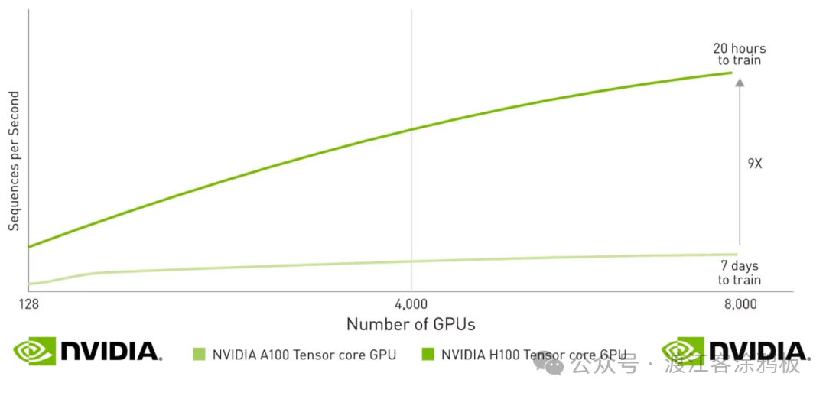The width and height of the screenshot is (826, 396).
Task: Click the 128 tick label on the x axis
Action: pos(28,305)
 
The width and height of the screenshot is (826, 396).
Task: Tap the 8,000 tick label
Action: pos(740,305)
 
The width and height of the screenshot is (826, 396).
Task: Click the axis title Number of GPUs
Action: pos(411,325)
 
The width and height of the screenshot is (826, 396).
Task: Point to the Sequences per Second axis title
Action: pos(14,161)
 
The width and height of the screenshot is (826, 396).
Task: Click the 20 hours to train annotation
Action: pos(740,54)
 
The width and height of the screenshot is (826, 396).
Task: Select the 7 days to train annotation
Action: pos(740,273)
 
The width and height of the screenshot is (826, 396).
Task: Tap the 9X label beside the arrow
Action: pos(754,164)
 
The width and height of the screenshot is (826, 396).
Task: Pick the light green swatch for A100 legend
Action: pos(200,354)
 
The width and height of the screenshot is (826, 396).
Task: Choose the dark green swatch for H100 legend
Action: pos(428,354)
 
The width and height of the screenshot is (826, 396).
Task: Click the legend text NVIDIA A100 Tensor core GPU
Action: pos(304,355)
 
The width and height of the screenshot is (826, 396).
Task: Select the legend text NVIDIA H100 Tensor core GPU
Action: pos(534,355)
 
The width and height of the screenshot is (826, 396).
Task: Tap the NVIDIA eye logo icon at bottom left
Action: pos(34,351)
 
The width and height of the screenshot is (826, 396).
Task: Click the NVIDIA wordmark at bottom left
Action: pos(111,352)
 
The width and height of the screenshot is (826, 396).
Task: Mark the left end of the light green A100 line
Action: pos(29,284)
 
